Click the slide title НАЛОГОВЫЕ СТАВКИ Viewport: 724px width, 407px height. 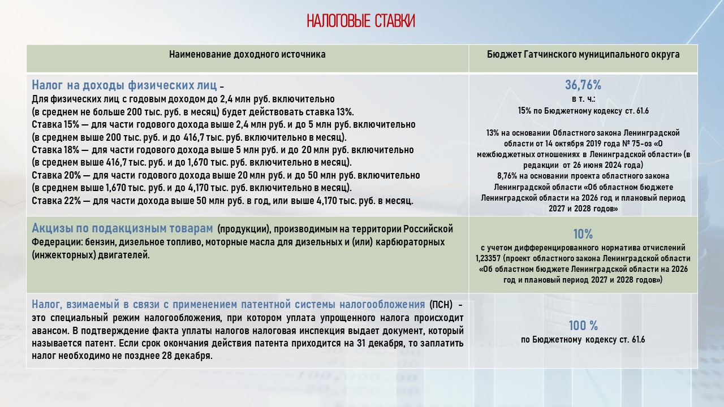361,21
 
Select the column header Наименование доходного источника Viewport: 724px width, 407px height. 247,55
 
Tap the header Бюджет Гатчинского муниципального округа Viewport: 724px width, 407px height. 583,55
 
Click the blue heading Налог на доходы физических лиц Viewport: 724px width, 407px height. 124,86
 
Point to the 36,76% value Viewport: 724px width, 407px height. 583,85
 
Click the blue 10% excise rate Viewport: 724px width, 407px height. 583,234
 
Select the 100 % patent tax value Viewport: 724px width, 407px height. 583,326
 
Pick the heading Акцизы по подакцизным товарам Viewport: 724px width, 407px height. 122,228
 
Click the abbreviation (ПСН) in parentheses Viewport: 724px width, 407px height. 441,305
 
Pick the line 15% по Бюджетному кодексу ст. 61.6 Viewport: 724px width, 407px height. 583,111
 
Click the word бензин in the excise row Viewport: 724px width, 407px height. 100,242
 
